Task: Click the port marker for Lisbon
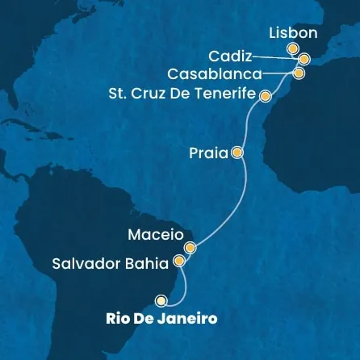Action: (292, 49)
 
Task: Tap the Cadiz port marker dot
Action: (303, 59)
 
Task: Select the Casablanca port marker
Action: (299, 73)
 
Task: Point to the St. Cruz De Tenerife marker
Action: (264, 95)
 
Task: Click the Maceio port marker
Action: (190, 248)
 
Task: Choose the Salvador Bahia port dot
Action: (179, 262)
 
